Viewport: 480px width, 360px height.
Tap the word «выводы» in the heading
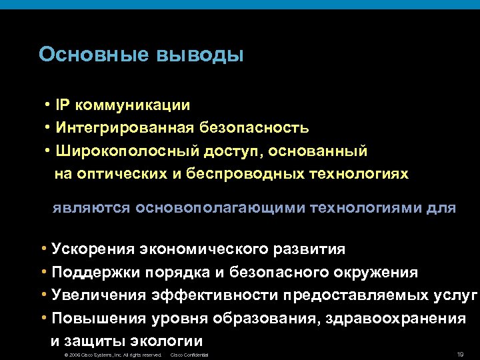point(199,54)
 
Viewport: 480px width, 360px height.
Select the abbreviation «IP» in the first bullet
point(64,105)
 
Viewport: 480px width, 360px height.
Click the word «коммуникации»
point(133,105)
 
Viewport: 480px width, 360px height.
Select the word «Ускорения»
point(93,249)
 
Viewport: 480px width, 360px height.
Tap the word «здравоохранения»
point(396,318)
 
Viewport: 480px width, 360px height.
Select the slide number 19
point(459,354)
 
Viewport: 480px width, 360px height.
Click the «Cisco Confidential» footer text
point(190,355)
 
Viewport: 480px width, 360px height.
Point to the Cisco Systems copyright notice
point(109,355)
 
